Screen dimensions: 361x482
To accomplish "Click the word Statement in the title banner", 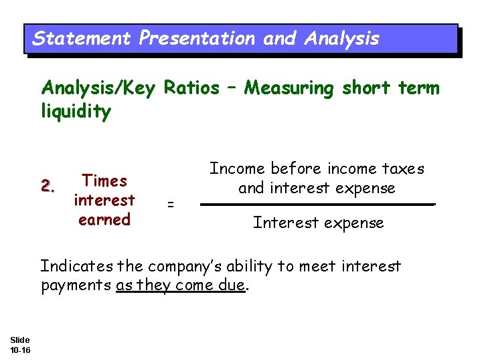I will [82, 39].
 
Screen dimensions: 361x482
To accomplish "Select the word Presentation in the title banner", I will [197, 39].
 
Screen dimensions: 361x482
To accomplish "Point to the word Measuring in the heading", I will [289, 88].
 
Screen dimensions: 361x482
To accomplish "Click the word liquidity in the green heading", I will [76, 112].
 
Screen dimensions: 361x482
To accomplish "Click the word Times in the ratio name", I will [104, 180].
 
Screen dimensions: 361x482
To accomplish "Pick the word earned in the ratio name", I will [104, 219].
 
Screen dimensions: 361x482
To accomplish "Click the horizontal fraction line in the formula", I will [318, 205].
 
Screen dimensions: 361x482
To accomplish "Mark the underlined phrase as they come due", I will [181, 286].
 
